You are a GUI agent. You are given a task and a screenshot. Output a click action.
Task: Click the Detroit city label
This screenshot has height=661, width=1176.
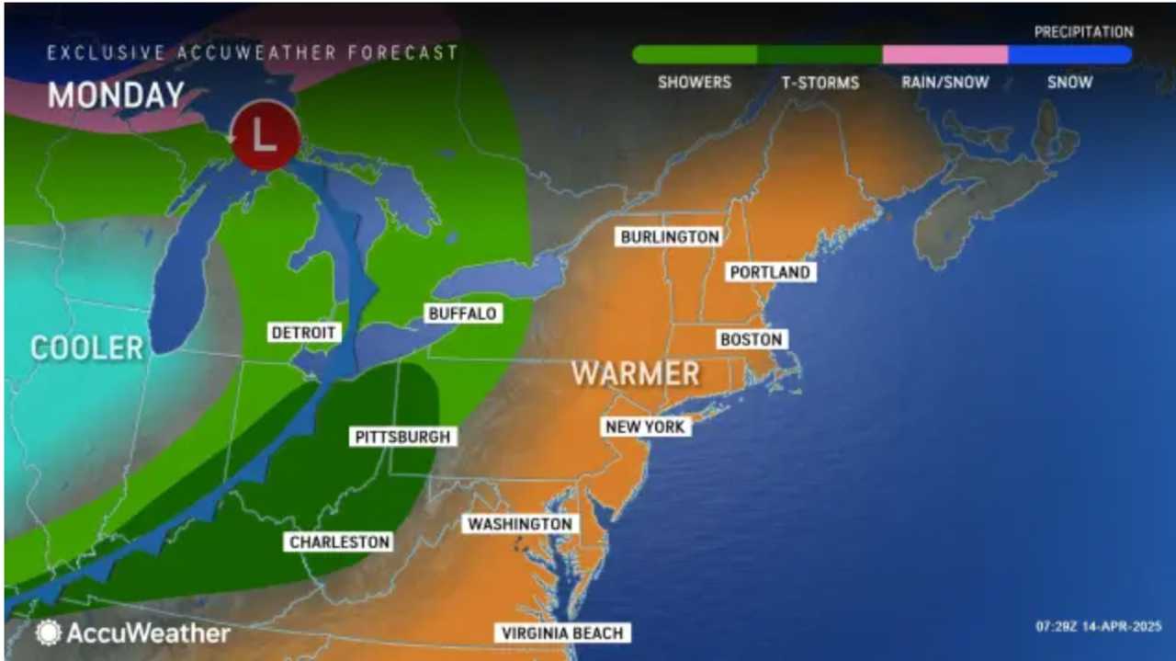pos(305,332)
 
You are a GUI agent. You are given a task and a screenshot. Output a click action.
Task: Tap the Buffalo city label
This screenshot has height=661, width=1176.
pos(462,313)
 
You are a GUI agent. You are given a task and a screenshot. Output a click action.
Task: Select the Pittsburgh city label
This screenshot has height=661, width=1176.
pos(403,437)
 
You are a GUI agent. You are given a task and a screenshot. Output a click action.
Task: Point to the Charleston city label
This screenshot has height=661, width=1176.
pos(340,542)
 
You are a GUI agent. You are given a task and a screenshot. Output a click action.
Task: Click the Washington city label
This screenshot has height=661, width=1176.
pos(520,524)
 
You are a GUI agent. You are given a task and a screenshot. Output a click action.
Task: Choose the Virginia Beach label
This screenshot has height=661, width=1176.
pos(562,633)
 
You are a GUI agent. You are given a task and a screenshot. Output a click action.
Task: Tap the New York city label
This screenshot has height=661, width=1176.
pos(645,427)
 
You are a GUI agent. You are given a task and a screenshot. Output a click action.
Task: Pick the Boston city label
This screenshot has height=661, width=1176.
pos(751,339)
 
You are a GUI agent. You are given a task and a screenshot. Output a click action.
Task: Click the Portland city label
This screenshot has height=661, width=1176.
pos(769,272)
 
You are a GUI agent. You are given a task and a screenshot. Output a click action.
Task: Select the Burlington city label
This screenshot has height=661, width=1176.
pos(670,236)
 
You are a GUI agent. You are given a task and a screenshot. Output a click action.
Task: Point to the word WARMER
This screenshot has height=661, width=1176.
pos(635,373)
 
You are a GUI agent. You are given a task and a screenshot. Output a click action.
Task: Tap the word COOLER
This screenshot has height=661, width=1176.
pos(87,348)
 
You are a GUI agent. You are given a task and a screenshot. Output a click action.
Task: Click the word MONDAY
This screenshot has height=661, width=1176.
pos(116,96)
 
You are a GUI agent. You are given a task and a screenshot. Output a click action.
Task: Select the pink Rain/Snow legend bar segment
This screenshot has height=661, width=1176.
pos(944,55)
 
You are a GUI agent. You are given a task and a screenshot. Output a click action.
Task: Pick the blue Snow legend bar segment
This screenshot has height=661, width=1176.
pos(1069,55)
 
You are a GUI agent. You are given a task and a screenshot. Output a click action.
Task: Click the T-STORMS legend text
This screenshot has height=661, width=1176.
pos(820,83)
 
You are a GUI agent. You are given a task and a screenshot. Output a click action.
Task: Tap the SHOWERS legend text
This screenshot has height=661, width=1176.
pos(695,83)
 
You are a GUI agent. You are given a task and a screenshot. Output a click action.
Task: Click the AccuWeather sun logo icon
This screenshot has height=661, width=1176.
pos(48,633)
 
